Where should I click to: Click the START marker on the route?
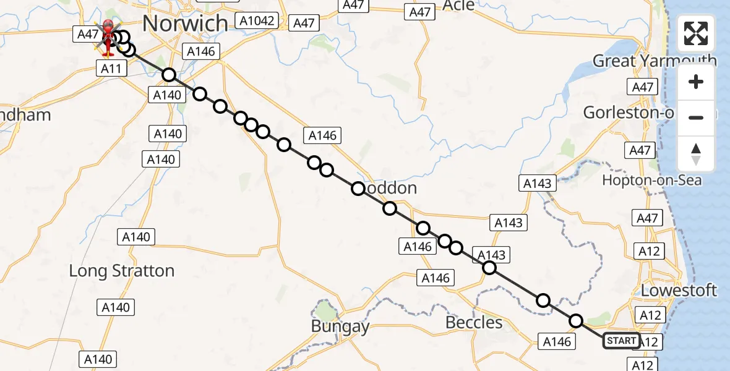click(621, 341)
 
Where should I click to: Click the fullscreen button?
click(696, 33)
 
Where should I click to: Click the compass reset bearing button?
click(696, 153)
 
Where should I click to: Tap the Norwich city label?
click(185, 23)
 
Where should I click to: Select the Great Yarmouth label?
click(655, 61)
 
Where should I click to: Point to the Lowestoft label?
click(679, 290)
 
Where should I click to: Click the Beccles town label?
click(474, 322)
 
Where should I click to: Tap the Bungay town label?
click(340, 326)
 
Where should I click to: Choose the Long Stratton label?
click(121, 271)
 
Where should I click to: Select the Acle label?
click(459, 6)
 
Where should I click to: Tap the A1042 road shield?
click(257, 21)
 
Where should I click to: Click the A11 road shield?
click(111, 69)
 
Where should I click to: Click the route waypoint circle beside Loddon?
click(358, 189)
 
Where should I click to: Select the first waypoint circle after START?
click(576, 321)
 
